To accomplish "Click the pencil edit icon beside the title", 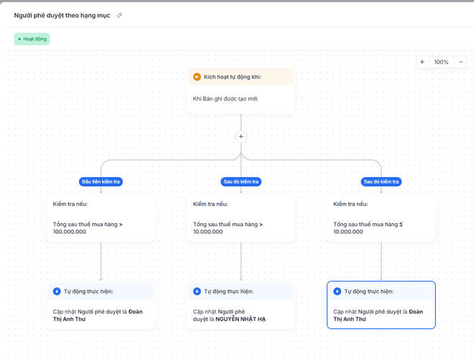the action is pos(119,15).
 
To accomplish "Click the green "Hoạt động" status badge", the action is pos(32,39).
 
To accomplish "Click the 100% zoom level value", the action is pos(441,62).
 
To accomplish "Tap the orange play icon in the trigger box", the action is pos(197,77).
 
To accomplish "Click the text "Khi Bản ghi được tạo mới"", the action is pos(225,99).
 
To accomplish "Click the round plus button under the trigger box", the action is pos(241,136).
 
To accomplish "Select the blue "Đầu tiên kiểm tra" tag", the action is pos(101,182).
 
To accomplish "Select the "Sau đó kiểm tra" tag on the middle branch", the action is pos(241,182).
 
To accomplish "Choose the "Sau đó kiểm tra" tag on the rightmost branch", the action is pos(381,182).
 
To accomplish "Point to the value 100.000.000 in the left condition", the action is pos(70,232).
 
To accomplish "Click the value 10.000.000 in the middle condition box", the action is pos(208,232).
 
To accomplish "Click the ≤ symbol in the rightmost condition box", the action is pos(401,224).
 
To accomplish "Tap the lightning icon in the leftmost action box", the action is pos(57,292).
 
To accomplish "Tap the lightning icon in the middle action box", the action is pos(197,292).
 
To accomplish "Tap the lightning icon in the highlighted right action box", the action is pos(337,292).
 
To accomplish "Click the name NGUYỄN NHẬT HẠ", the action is pos(241,319).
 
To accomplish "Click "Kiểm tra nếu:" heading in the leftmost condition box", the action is pos(70,204).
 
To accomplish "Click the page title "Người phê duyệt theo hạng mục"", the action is pos(62,15).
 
